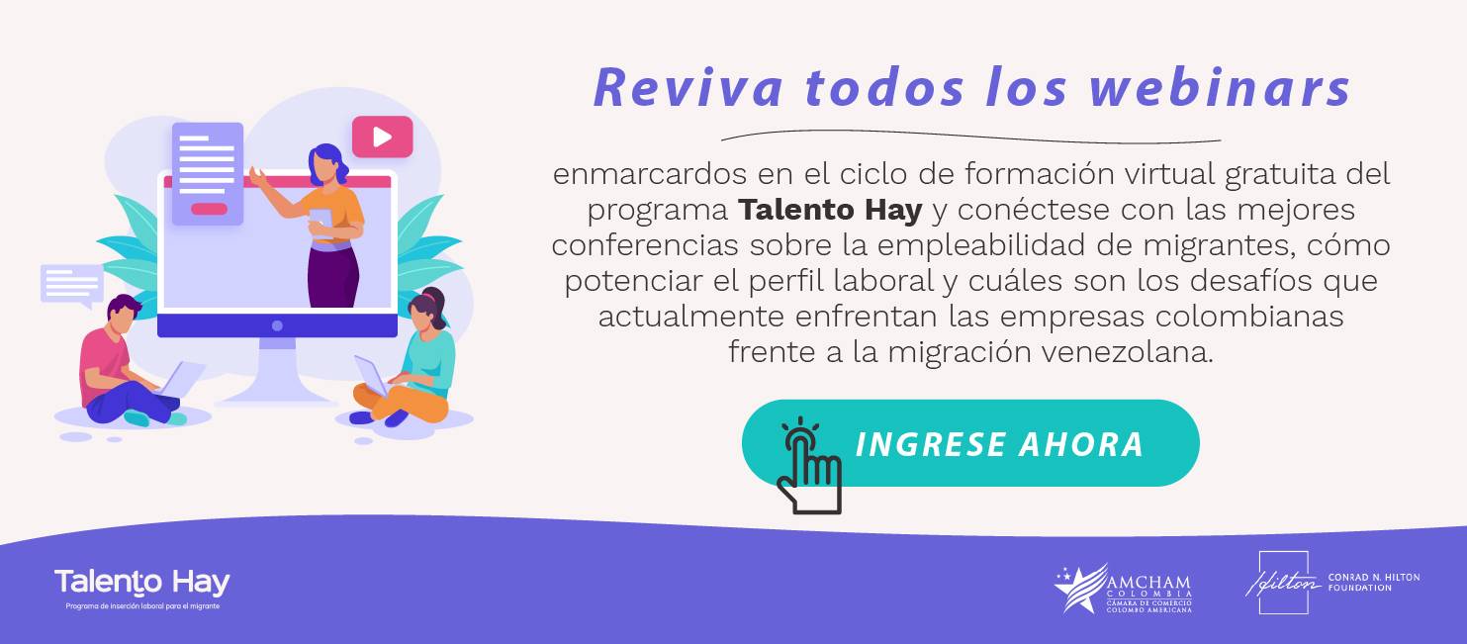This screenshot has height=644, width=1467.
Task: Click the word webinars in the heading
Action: [x=1220, y=88]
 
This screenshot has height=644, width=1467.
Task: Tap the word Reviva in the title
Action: [x=688, y=88]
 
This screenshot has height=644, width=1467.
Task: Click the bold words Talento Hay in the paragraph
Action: [x=830, y=211]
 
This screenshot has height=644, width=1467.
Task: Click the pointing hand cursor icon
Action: [x=809, y=467]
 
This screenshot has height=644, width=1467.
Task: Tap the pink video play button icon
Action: [x=383, y=137]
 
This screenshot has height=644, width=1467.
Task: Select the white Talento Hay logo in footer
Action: [x=142, y=588]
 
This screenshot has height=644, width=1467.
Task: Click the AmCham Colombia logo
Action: [x=1123, y=589]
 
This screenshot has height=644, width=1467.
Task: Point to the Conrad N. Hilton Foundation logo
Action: [x=1332, y=583]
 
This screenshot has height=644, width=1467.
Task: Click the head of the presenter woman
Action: [x=326, y=164]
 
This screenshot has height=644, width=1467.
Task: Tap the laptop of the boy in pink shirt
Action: [x=181, y=379]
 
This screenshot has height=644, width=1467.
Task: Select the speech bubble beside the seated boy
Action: [x=72, y=285]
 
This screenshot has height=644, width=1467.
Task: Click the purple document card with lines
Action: [x=208, y=173]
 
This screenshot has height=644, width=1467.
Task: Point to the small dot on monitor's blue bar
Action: [x=277, y=325]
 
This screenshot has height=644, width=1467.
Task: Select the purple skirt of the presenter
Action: [x=333, y=276]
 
